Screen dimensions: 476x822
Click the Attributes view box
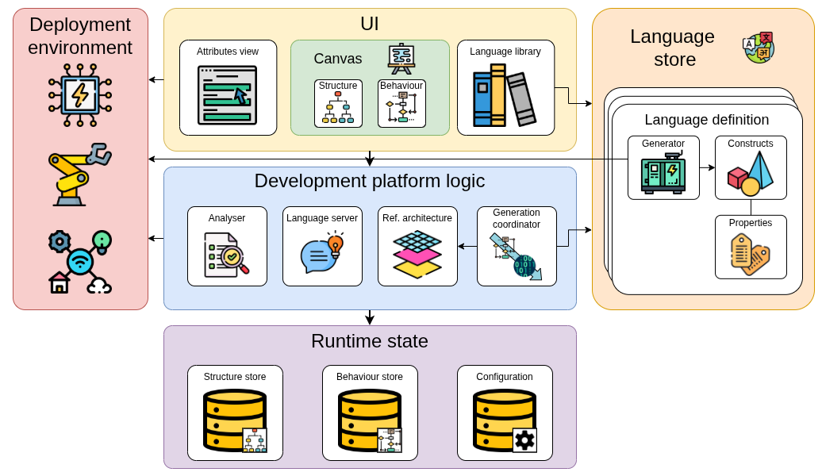228,87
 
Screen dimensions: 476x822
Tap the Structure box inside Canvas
338,103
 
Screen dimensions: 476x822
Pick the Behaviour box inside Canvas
401,103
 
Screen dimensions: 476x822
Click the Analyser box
227,246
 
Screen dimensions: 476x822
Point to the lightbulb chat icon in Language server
322,253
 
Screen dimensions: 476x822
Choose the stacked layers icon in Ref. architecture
417,254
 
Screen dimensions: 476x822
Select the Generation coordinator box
517,246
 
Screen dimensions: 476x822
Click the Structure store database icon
234,420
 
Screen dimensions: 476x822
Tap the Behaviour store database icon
369,420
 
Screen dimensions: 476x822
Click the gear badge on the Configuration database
524,440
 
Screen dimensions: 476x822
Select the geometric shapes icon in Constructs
751,174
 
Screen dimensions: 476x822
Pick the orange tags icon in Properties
750,254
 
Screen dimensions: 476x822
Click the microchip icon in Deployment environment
80,95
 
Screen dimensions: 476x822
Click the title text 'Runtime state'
369,341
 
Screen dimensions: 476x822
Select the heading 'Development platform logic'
369,181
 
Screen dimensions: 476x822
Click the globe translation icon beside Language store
759,48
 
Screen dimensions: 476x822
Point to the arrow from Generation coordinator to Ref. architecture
467,246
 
